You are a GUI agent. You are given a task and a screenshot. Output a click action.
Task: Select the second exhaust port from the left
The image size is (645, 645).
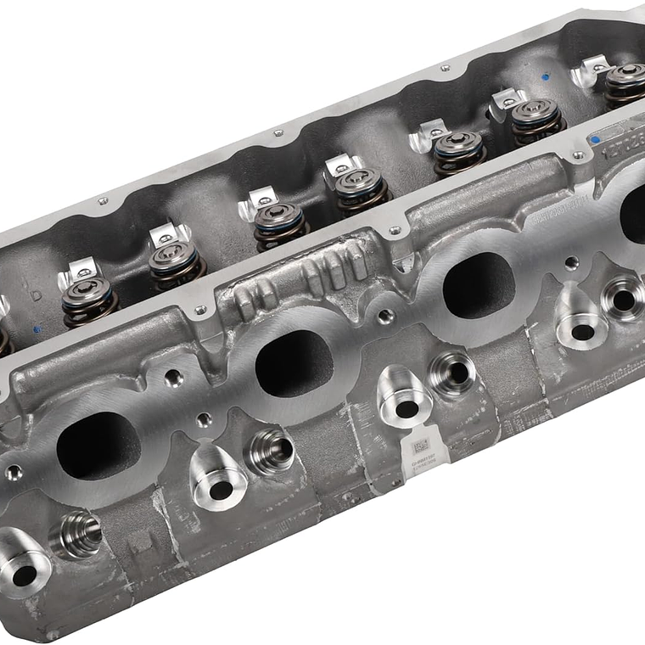pos(294,363)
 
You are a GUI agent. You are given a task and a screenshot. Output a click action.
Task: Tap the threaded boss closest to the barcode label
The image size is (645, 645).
pos(452,373)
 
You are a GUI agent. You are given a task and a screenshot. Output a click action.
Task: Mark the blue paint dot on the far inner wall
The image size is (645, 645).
pos(544,76)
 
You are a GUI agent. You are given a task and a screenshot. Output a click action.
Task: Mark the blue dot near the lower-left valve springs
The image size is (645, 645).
pos(35,328)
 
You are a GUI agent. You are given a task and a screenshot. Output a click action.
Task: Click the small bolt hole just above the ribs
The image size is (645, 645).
pos(394,231)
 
